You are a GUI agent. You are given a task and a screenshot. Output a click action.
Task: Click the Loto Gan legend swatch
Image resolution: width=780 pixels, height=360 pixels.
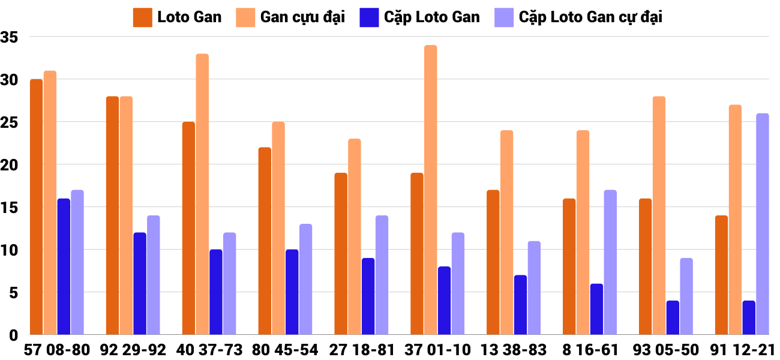pyautogui.click(x=142, y=17)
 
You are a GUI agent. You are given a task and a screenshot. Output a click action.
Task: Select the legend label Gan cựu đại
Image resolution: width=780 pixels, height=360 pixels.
pyautogui.click(x=302, y=17)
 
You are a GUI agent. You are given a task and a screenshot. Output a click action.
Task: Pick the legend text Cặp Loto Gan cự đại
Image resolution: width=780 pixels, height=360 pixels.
pyautogui.click(x=590, y=17)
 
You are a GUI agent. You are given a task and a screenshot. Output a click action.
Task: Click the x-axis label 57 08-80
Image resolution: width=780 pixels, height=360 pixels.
pyautogui.click(x=57, y=350)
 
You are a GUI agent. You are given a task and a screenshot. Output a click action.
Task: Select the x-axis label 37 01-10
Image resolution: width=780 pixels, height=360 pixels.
pyautogui.click(x=437, y=350)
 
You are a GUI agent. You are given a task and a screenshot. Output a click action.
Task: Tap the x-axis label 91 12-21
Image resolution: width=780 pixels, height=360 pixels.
pyautogui.click(x=742, y=350)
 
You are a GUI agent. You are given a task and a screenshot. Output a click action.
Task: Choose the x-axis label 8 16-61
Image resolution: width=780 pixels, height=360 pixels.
pyautogui.click(x=590, y=350)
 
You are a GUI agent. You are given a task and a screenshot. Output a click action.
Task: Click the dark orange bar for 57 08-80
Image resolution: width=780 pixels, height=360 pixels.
pyautogui.click(x=37, y=207)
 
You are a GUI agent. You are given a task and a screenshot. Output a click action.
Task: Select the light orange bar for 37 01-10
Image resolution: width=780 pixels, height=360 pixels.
pyautogui.click(x=431, y=190)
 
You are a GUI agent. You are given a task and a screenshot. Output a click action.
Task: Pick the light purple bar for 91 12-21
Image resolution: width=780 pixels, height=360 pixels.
pyautogui.click(x=762, y=224)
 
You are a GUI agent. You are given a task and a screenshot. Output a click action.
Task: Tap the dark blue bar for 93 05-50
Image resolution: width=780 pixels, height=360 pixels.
pyautogui.click(x=673, y=317)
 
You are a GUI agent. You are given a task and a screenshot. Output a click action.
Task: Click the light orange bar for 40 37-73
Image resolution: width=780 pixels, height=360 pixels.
pyautogui.click(x=202, y=194)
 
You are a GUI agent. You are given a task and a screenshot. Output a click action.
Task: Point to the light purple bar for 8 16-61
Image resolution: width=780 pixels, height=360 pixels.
pyautogui.click(x=610, y=262)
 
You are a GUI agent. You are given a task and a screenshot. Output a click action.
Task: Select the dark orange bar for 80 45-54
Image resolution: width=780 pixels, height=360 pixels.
pyautogui.click(x=265, y=241)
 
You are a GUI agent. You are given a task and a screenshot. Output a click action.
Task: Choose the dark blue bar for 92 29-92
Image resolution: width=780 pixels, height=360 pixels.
pyautogui.click(x=140, y=283)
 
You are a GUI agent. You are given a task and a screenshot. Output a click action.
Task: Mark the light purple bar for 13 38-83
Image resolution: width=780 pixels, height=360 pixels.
pyautogui.click(x=534, y=287)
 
